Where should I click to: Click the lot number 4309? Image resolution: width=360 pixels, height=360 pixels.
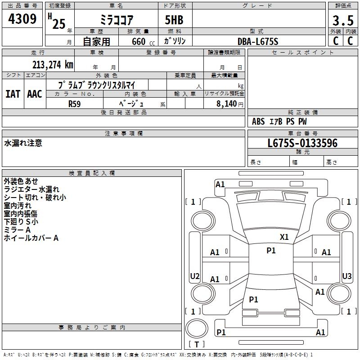(22, 18)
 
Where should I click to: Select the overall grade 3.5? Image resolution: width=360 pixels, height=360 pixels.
(343, 20)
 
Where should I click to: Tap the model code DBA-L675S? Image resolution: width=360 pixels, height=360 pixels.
(258, 41)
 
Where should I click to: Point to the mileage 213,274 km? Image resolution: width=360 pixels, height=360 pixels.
(53, 65)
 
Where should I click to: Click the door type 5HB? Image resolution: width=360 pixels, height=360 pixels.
(174, 20)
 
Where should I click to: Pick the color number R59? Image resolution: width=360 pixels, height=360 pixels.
(75, 104)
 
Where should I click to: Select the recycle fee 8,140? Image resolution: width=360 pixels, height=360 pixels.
(227, 103)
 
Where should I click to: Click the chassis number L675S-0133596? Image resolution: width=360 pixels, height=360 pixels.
(302, 143)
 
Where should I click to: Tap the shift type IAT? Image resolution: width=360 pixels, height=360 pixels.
(13, 94)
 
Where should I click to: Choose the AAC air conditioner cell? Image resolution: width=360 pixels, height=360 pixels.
(35, 94)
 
